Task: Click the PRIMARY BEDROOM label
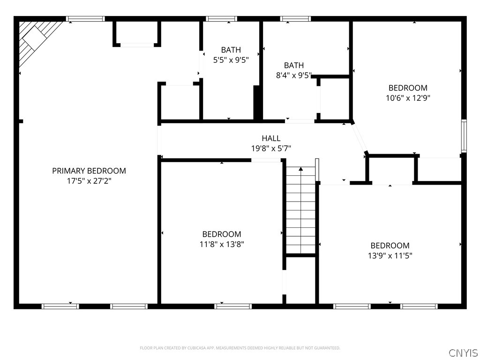click(x=89, y=171)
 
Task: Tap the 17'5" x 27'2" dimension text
click(x=89, y=181)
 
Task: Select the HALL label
click(x=271, y=138)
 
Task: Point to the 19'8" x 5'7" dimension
click(x=271, y=149)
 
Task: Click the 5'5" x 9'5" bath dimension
click(x=231, y=60)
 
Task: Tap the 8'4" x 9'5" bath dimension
click(x=293, y=75)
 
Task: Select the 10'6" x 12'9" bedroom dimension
click(x=408, y=98)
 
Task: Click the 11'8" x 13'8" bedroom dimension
click(x=222, y=244)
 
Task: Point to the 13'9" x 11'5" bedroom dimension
click(x=390, y=256)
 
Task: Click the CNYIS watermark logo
click(x=463, y=352)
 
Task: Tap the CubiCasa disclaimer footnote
click(x=240, y=348)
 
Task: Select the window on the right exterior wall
click(x=464, y=136)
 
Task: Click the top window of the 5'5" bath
click(x=221, y=19)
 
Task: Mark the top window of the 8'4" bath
click(x=295, y=19)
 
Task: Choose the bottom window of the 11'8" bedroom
click(x=233, y=307)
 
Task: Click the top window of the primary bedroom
click(x=85, y=19)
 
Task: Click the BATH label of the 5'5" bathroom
click(x=231, y=50)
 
